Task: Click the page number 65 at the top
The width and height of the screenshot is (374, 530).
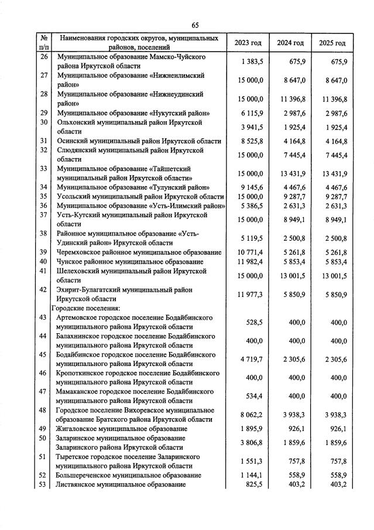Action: tap(195, 25)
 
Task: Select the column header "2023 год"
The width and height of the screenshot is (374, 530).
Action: tap(248, 43)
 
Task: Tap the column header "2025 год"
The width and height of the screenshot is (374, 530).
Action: tap(332, 43)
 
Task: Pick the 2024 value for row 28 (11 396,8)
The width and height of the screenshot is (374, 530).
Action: tap(290, 99)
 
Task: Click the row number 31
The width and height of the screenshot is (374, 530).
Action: tap(43, 141)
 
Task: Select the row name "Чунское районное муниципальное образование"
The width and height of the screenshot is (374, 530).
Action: tap(129, 262)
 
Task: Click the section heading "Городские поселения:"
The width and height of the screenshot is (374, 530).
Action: tap(85, 308)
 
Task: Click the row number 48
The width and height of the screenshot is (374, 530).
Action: tap(43, 411)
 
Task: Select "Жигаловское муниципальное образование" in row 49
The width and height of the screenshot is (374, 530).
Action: tap(122, 429)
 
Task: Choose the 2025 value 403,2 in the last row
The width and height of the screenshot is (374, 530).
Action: tap(337, 485)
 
